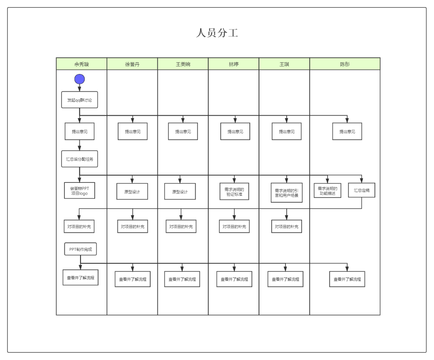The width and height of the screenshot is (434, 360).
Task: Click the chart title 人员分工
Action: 217,33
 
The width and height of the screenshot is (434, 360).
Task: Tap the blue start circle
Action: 79,79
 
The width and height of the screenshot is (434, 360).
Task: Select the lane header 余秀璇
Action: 81,64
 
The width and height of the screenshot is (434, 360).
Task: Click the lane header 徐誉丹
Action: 132,64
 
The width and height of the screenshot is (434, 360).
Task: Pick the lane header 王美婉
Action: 183,64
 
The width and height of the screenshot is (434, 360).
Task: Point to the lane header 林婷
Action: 234,64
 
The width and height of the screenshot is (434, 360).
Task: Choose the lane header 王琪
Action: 284,64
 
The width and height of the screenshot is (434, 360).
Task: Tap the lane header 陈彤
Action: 345,64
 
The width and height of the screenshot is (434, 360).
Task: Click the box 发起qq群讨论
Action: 79,100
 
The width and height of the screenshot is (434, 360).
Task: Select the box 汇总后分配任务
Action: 79,159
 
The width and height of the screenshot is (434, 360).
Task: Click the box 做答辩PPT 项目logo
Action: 79,191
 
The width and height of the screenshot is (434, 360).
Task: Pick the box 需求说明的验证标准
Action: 234,191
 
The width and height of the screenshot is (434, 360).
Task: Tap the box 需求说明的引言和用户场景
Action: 287,193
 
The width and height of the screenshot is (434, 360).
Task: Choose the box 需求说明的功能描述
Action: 328,191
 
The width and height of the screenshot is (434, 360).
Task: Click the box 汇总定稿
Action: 362,190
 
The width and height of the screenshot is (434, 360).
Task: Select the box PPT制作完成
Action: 81,249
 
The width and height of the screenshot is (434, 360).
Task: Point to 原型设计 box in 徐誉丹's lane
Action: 132,192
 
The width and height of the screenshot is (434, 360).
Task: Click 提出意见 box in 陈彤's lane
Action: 347,131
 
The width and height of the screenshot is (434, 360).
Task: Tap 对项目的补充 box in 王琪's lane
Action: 287,227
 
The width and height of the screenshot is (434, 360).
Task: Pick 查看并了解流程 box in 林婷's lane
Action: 234,279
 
